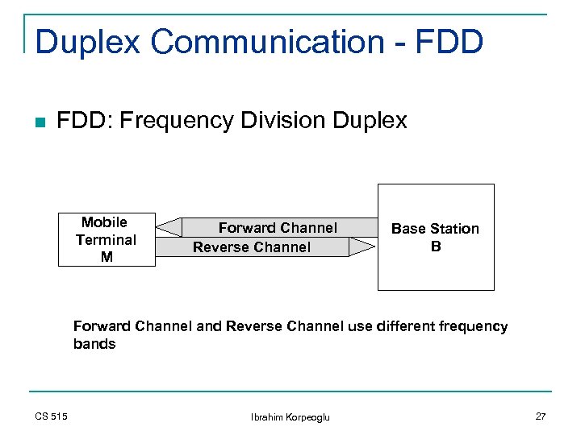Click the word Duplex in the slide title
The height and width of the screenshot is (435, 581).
87,42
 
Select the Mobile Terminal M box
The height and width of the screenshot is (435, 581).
106,239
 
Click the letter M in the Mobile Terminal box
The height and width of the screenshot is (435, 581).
106,257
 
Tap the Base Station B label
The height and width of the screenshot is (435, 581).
435,237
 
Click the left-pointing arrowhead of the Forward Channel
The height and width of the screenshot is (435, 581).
169,228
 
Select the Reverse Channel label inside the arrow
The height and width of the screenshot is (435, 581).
251,247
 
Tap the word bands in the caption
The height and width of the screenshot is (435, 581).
94,344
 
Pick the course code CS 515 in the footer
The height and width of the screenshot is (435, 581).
51,416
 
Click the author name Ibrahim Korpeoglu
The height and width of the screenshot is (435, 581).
290,416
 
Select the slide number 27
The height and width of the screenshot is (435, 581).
540,416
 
